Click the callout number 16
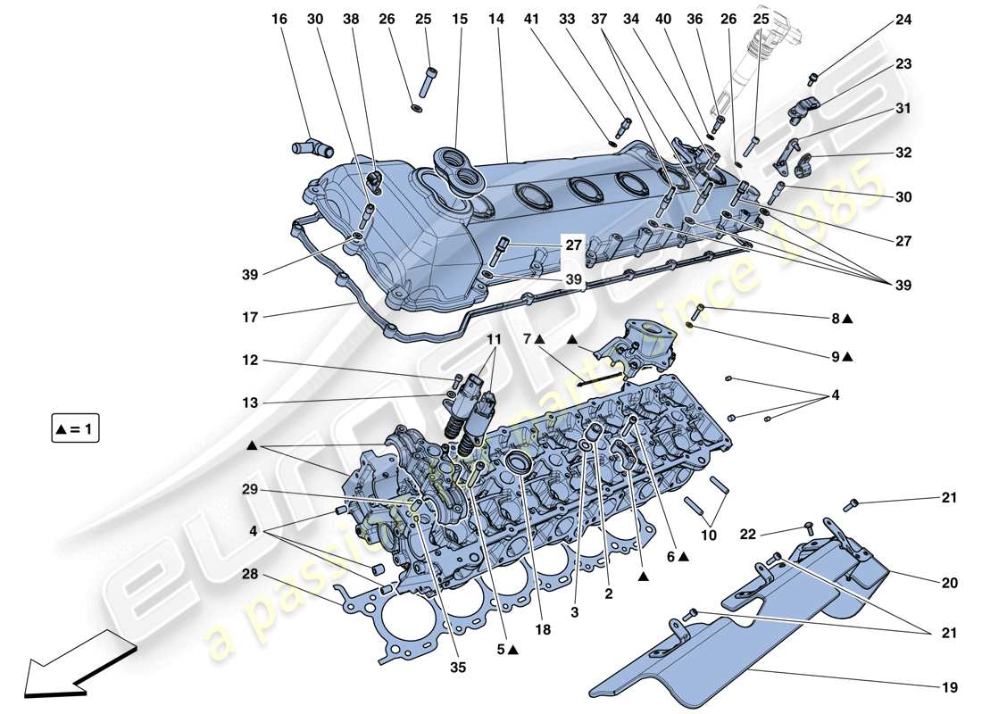(x=280, y=19)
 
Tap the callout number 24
(x=903, y=19)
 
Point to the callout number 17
(x=250, y=316)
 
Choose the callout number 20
(x=948, y=583)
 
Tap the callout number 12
(x=250, y=361)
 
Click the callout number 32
(x=903, y=153)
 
